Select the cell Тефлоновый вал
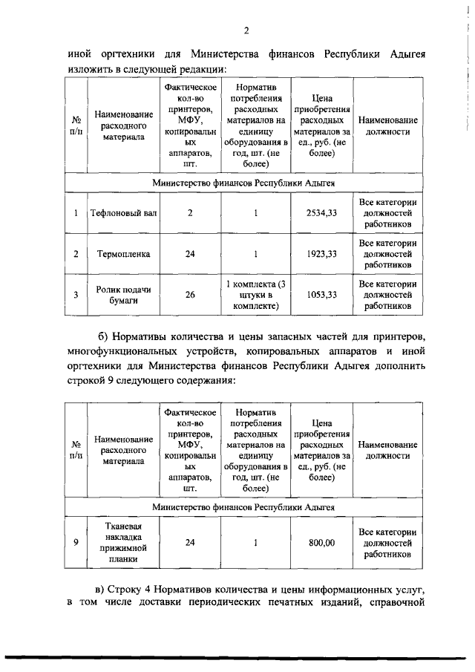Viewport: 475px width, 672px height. click(123, 213)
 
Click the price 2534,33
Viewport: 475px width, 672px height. click(321, 213)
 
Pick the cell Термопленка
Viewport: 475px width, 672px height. click(123, 254)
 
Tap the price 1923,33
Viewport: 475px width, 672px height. click(321, 254)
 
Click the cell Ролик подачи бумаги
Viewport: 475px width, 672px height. click(123, 295)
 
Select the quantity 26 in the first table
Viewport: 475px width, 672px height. click(190, 295)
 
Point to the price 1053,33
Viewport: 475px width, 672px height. click(321, 295)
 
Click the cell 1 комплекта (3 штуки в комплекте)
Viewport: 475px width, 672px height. click(255, 295)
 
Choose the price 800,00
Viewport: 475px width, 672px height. click(321, 543)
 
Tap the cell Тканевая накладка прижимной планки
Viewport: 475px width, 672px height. click(123, 543)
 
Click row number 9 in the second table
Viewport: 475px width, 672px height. click(76, 543)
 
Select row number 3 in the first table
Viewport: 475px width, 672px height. click(76, 295)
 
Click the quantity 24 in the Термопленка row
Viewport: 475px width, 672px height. click(190, 254)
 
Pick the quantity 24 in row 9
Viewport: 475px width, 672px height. click(190, 543)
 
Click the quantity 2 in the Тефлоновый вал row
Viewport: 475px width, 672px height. click(190, 213)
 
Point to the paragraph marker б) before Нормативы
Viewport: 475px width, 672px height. click(105, 339)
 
